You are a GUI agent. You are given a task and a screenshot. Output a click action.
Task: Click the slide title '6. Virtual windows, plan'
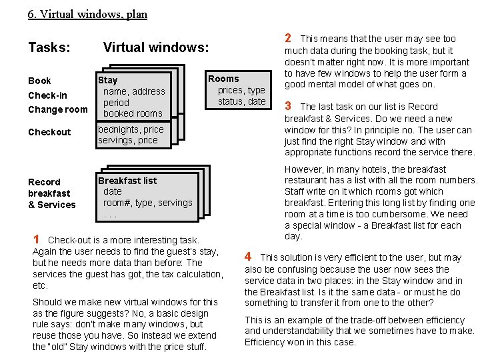[x=87, y=14]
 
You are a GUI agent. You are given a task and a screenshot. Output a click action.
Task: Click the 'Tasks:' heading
[x=49, y=47]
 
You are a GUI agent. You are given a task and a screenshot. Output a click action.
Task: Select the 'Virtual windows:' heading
[x=155, y=47]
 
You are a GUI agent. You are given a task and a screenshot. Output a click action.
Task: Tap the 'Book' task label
[x=39, y=81]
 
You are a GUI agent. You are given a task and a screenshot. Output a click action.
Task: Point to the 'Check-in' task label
[x=47, y=95]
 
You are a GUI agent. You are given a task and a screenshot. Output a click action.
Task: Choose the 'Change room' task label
[x=57, y=109]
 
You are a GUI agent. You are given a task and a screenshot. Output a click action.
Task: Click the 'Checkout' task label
[x=49, y=132]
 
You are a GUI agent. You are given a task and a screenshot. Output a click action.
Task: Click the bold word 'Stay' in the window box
[x=107, y=80]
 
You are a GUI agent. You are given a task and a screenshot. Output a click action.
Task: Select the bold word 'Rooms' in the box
[x=223, y=79]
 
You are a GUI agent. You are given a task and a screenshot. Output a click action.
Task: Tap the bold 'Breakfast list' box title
[x=127, y=180]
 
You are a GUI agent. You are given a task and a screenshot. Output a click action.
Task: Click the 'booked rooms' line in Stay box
[x=133, y=113]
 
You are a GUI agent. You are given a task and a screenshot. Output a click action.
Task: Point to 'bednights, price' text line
[x=131, y=129]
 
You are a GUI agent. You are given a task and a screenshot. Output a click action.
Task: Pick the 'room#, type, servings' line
[x=147, y=203]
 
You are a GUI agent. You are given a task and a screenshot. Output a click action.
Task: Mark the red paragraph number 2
[x=287, y=38]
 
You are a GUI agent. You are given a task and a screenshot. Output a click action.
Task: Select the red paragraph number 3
[x=287, y=105]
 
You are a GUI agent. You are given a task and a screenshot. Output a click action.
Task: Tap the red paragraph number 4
[x=248, y=256]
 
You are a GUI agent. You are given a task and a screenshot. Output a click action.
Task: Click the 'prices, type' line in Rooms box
[x=241, y=90]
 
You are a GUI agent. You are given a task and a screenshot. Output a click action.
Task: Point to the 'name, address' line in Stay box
[x=134, y=91]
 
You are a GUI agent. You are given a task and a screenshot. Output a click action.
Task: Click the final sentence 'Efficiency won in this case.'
[x=300, y=342]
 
